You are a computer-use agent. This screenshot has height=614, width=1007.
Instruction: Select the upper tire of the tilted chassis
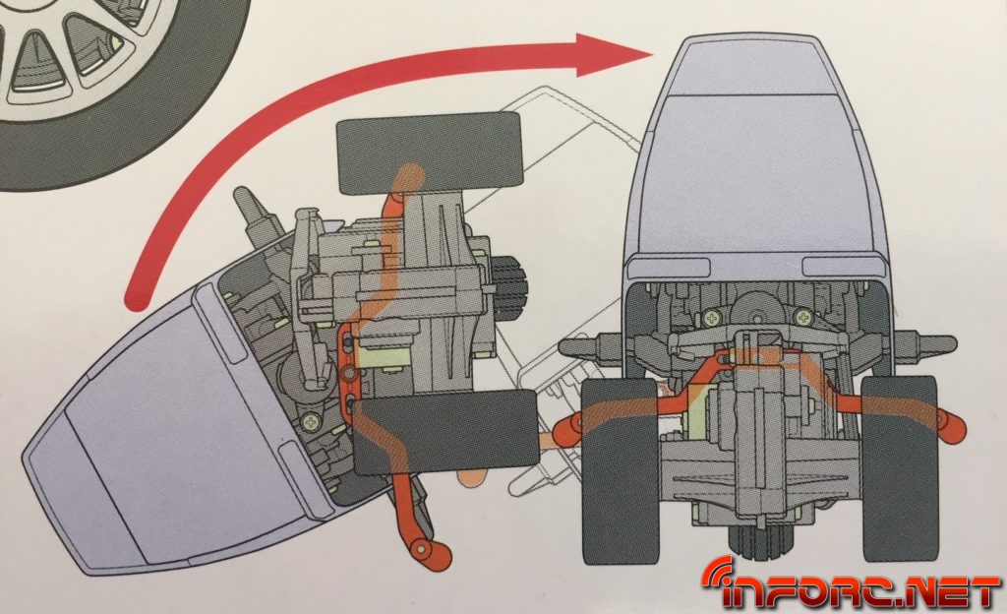(x=429, y=153)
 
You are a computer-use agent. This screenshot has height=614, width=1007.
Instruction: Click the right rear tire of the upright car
(x=899, y=468)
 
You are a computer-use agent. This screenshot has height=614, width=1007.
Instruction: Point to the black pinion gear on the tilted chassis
(x=509, y=289)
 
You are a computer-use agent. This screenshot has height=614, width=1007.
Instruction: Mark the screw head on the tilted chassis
(x=313, y=422)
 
